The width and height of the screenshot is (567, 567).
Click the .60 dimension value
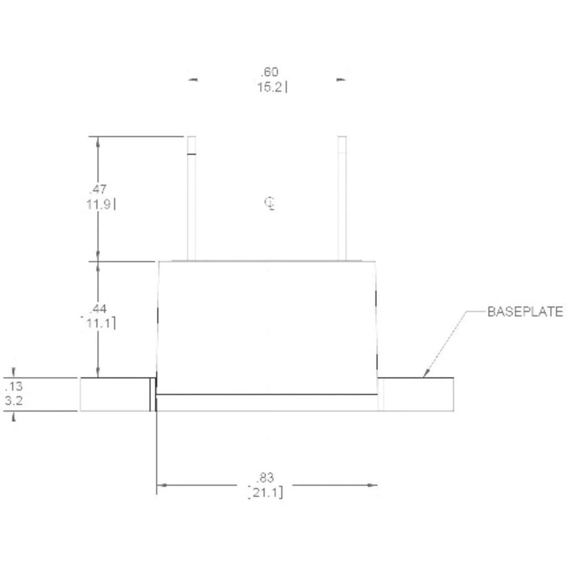pyautogui.click(x=269, y=72)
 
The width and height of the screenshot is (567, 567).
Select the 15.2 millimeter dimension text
pyautogui.click(x=270, y=88)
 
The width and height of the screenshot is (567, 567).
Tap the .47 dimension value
pyautogui.click(x=98, y=189)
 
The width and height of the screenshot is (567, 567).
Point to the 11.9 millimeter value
pyautogui.click(x=98, y=204)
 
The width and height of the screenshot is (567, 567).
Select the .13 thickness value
pyautogui.click(x=14, y=387)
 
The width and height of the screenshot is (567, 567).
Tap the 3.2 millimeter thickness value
pyautogui.click(x=14, y=401)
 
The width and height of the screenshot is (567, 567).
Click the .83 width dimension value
pyautogui.click(x=265, y=477)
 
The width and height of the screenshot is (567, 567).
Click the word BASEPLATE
pyautogui.click(x=525, y=311)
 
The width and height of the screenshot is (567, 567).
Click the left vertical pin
pyautogui.click(x=192, y=198)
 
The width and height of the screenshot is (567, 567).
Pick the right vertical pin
pyautogui.click(x=342, y=198)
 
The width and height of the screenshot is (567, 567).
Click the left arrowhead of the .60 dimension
pyautogui.click(x=193, y=80)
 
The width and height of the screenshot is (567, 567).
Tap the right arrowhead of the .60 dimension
pyautogui.click(x=340, y=80)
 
